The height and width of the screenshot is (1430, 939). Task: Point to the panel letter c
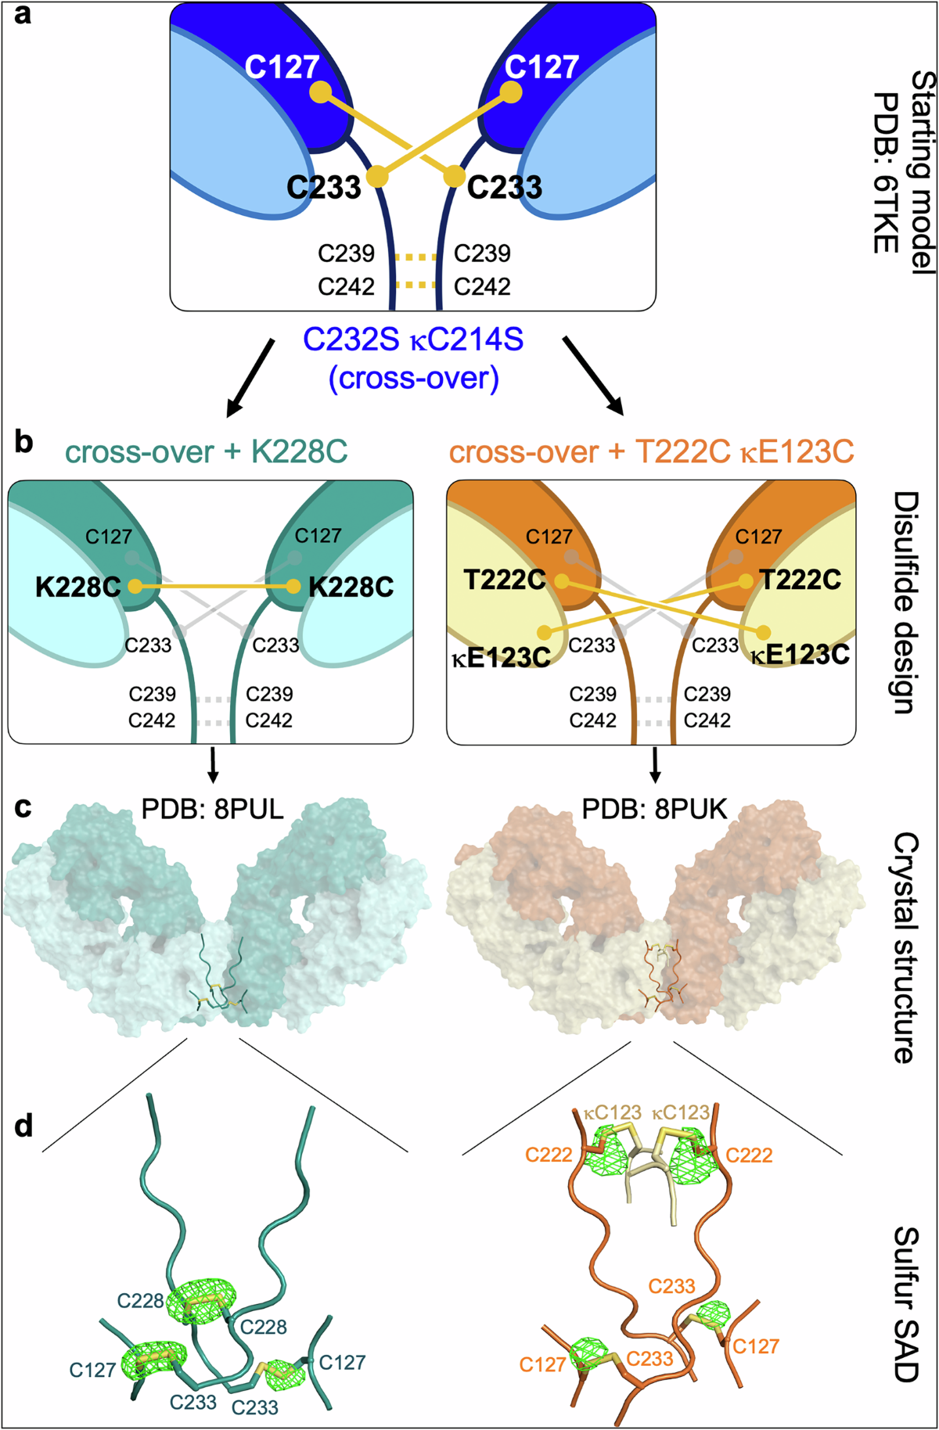coord(23,807)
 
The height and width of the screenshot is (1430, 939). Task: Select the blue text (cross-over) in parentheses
coord(414,379)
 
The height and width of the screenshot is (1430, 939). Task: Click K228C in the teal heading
coord(300,451)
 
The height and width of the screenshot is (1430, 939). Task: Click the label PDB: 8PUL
coord(213,808)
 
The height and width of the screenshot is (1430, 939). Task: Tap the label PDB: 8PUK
coord(655,808)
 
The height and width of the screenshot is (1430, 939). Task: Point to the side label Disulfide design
coord(906,602)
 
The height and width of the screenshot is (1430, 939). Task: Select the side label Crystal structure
coord(906,947)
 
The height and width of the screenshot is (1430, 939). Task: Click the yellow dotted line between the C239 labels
coord(415,256)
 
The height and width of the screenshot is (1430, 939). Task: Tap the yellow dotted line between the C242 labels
coord(415,285)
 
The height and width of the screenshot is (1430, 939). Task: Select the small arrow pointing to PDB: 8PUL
coord(213,765)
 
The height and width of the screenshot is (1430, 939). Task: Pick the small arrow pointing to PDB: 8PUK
coord(655,765)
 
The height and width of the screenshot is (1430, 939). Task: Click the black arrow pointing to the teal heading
coord(250,378)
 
